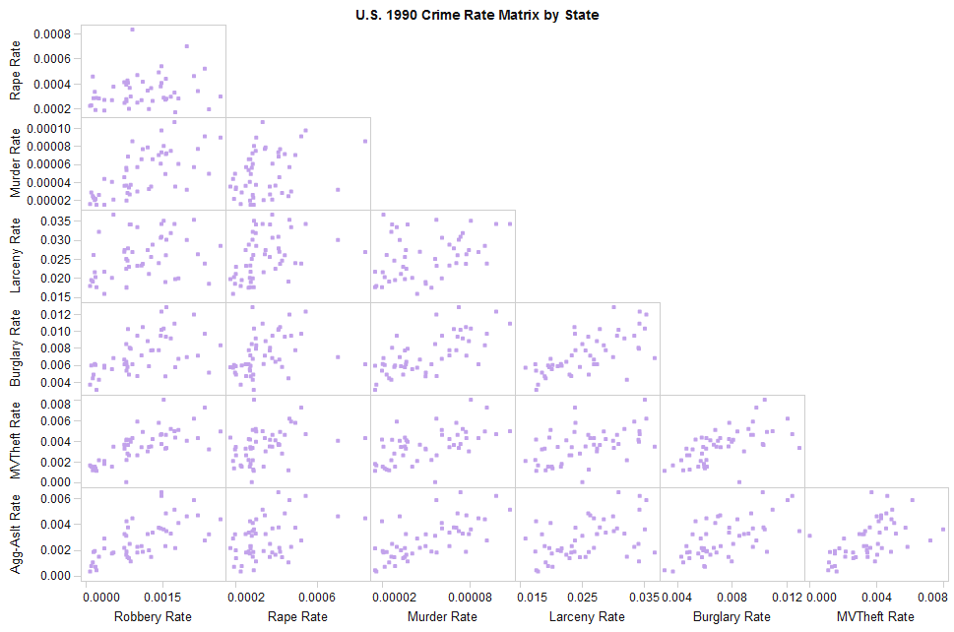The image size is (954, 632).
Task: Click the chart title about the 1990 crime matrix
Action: (x=477, y=15)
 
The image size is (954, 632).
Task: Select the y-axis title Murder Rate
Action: (x=16, y=163)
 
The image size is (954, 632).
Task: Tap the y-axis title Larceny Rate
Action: (x=16, y=256)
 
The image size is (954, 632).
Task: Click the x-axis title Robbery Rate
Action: (x=153, y=617)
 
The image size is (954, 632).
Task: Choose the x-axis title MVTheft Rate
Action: (x=876, y=617)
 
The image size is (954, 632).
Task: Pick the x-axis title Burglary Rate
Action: (x=731, y=617)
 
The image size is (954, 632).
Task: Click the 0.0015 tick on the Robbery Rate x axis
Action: (x=161, y=597)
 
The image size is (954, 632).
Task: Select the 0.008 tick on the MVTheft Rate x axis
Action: (x=932, y=597)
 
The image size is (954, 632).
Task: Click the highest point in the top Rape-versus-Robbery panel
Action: (x=132, y=30)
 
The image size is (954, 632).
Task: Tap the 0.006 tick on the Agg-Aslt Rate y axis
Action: (x=55, y=499)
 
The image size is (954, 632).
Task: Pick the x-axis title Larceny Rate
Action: (x=587, y=617)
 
